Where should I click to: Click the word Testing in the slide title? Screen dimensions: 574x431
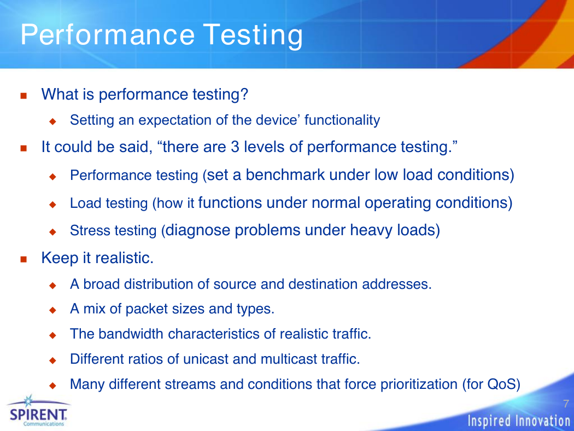[253, 35]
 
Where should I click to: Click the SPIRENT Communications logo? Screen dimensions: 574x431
[38, 411]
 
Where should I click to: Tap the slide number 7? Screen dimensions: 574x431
[566, 404]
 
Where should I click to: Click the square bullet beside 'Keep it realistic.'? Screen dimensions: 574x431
[24, 259]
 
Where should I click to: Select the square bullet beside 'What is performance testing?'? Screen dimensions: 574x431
[24, 96]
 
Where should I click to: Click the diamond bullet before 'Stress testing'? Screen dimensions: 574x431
[52, 231]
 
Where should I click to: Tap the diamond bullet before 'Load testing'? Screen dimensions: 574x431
[52, 204]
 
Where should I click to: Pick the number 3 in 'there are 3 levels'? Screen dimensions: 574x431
[235, 147]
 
